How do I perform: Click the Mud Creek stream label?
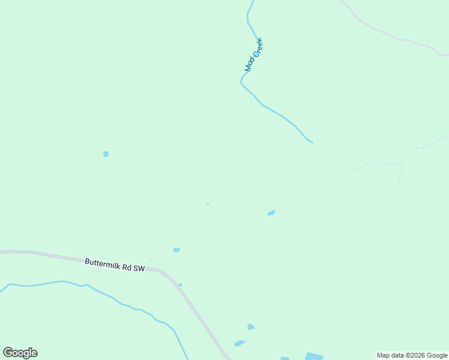254,55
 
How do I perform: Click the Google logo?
20,353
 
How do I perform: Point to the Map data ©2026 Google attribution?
412,355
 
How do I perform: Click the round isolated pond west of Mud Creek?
106,154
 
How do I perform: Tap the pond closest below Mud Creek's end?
271,212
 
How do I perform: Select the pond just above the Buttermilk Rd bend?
176,250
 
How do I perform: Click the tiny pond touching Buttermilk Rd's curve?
180,284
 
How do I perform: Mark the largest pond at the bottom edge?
315,356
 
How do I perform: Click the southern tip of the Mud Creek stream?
312,142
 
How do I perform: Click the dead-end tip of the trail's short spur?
399,183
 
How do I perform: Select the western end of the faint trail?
352,170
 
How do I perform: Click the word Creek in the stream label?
258,49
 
